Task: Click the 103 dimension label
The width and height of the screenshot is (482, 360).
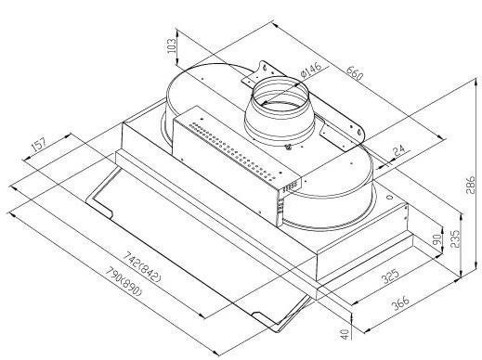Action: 171,45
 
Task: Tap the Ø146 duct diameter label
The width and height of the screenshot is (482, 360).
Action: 310,70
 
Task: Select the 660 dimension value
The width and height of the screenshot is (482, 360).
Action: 354,73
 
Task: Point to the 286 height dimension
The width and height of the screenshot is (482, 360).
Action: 470,185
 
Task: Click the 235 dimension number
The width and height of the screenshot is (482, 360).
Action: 454,238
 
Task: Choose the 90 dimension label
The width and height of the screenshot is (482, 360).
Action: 436,239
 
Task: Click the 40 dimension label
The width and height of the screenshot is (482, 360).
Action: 345,334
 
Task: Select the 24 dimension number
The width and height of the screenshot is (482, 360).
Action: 399,151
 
